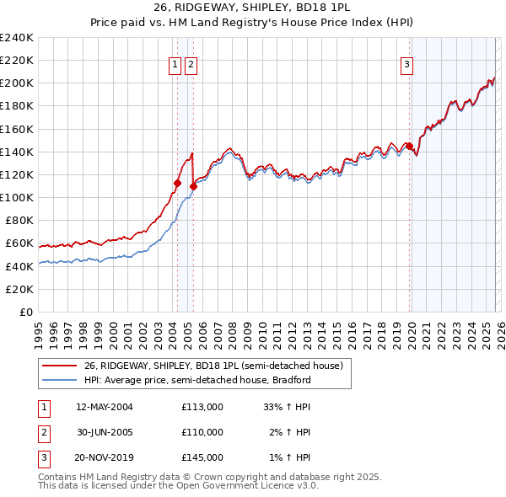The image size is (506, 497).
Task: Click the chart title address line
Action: click(252, 7)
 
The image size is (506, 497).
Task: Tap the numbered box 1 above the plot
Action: click(175, 64)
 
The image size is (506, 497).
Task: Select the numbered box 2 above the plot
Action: click(191, 64)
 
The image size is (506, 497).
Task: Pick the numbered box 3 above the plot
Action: click(406, 64)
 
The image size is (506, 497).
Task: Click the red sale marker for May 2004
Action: click(177, 183)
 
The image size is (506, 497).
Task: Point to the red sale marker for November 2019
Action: click(410, 147)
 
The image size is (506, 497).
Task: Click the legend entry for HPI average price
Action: click(197, 380)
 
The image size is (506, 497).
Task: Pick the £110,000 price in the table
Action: click(202, 432)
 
